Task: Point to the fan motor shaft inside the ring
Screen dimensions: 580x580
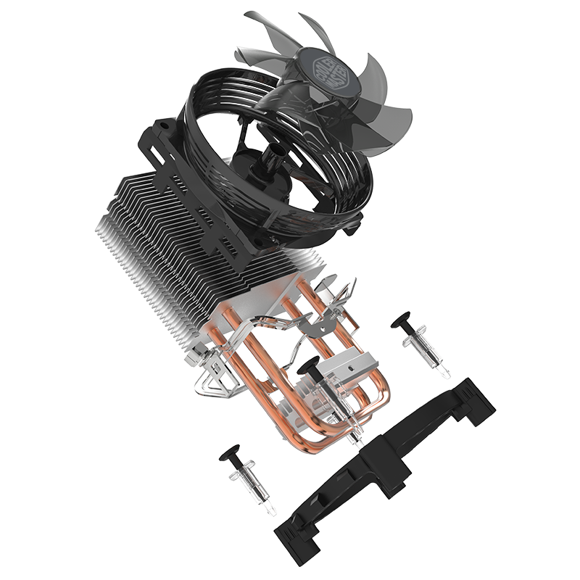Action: tap(274, 156)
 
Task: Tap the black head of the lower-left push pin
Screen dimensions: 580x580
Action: tap(229, 454)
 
